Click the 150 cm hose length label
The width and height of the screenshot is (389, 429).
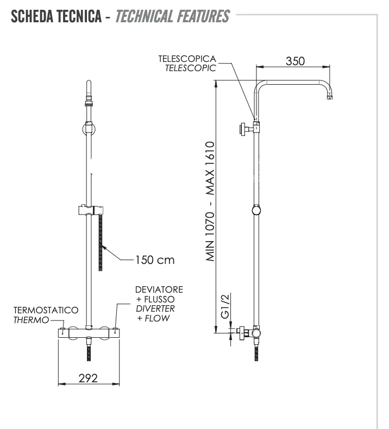tap(154, 260)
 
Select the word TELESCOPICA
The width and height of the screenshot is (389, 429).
tap(186, 59)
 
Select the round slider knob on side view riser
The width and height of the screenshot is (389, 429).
tap(256, 210)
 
